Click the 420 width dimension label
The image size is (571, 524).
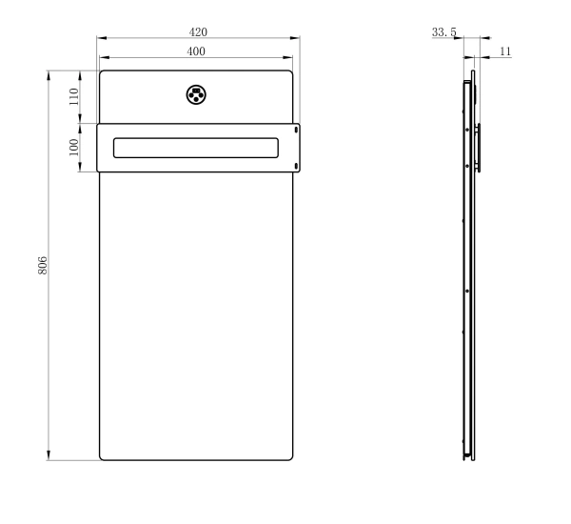point(198,32)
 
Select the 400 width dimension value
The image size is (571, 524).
point(196,51)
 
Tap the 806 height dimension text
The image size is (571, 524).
point(43,265)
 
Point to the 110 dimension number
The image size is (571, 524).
point(74,96)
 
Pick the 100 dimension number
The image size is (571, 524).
point(74,148)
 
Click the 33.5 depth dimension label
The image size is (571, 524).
point(443,32)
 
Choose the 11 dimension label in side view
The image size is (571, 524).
point(505,51)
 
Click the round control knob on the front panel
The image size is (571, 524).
point(196,95)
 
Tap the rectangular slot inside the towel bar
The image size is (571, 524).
point(196,148)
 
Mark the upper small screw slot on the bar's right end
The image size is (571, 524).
point(296,130)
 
